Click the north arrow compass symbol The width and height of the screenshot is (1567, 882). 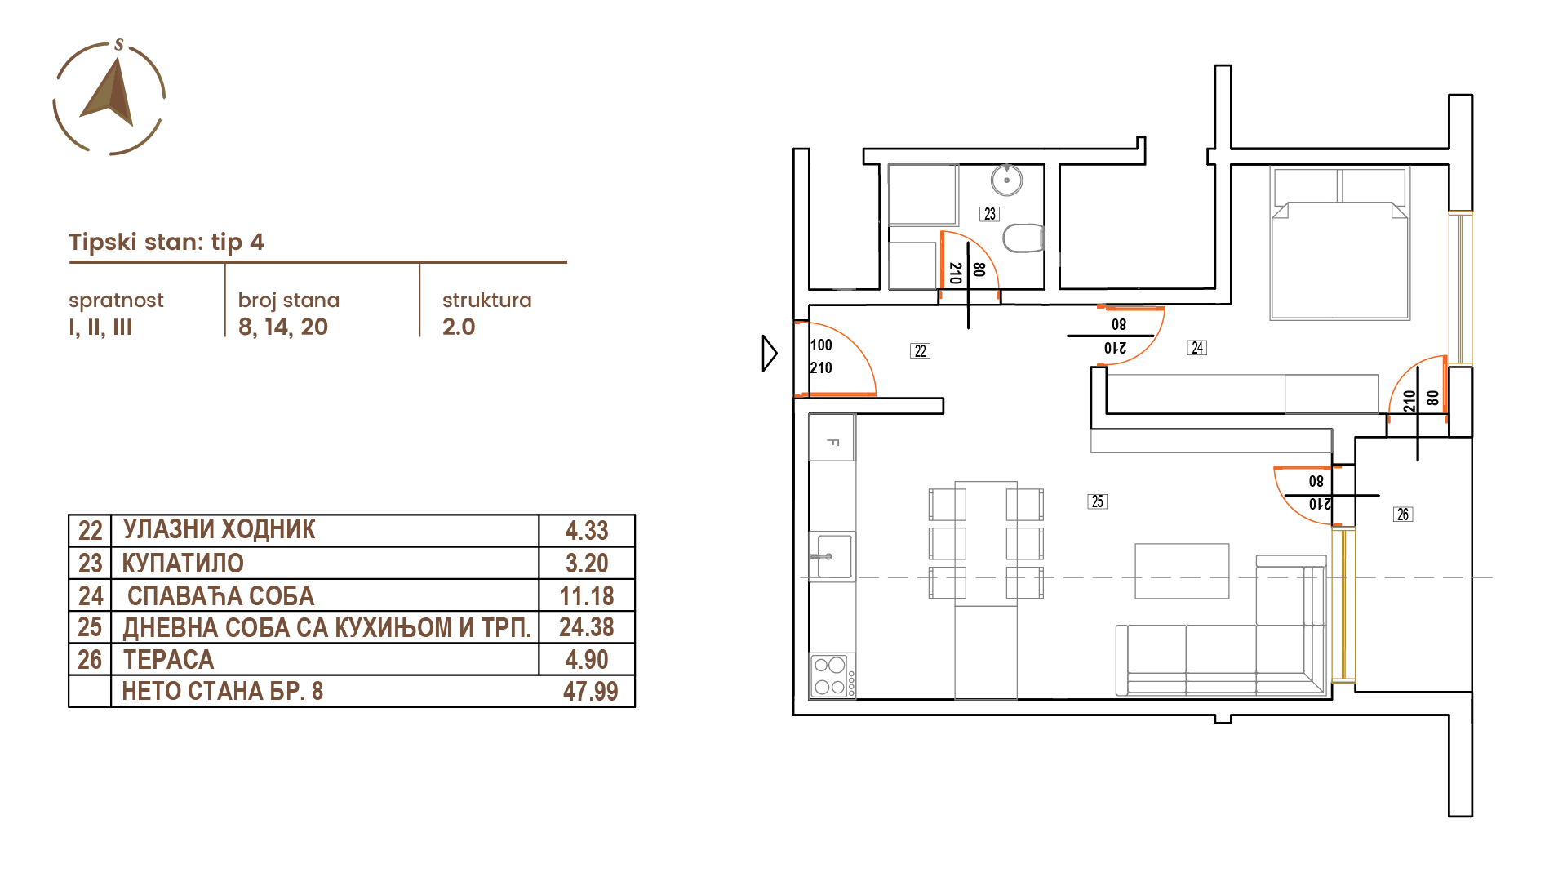point(109,97)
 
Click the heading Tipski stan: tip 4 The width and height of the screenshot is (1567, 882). point(166,242)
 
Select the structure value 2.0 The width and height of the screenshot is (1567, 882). point(459,327)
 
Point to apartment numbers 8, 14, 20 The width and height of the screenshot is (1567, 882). point(283,327)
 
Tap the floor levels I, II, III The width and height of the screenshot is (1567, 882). point(100,327)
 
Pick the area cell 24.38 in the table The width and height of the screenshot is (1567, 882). point(587,627)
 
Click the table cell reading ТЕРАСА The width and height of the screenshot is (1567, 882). point(169,659)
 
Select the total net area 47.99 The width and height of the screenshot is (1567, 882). point(590,692)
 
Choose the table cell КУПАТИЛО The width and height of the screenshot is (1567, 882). point(183,563)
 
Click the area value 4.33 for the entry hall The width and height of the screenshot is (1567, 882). point(587,531)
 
